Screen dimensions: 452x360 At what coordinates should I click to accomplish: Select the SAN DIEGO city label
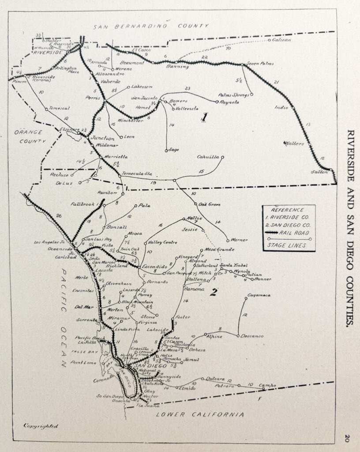point(146,366)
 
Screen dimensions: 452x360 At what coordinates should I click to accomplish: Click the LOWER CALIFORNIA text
point(200,415)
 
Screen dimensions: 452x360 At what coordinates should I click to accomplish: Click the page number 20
point(347,438)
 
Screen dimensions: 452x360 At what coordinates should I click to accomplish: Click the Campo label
point(266,385)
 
